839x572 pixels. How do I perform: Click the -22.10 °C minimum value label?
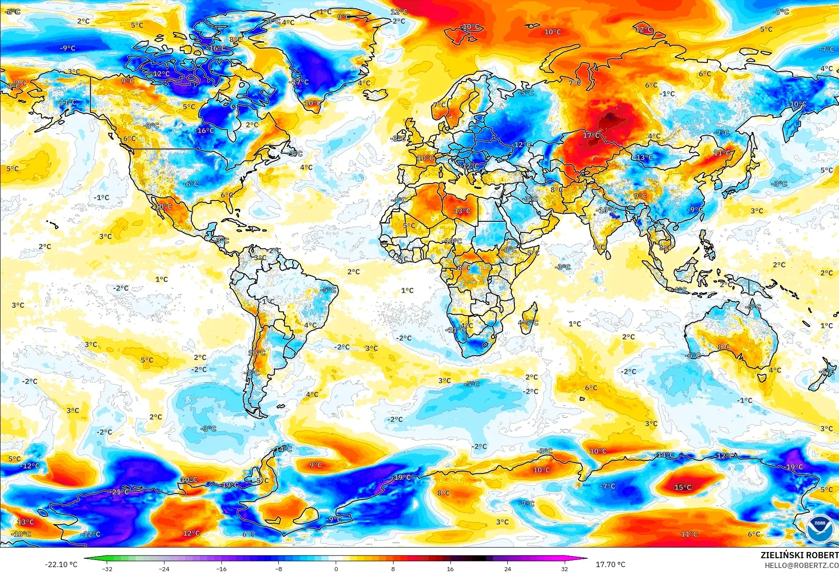click(x=61, y=564)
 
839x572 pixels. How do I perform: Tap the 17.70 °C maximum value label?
click(x=610, y=564)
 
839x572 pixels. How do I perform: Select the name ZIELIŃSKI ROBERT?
click(x=799, y=555)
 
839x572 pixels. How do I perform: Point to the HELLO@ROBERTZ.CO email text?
click(x=801, y=565)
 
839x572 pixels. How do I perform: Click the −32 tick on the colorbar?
click(x=107, y=568)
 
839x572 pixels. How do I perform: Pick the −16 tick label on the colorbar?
click(x=221, y=568)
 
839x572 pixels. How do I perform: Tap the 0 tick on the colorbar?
click(x=336, y=568)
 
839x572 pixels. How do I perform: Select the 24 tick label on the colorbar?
click(x=507, y=568)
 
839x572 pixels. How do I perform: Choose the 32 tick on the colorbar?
click(x=565, y=568)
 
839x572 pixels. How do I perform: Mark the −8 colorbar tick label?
click(x=278, y=568)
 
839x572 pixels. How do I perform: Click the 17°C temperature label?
click(x=591, y=135)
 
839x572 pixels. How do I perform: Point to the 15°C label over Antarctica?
click(x=682, y=487)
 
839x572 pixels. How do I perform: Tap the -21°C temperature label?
click(x=120, y=492)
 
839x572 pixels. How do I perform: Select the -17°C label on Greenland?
click(x=299, y=82)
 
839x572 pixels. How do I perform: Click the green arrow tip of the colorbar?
click(x=86, y=559)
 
